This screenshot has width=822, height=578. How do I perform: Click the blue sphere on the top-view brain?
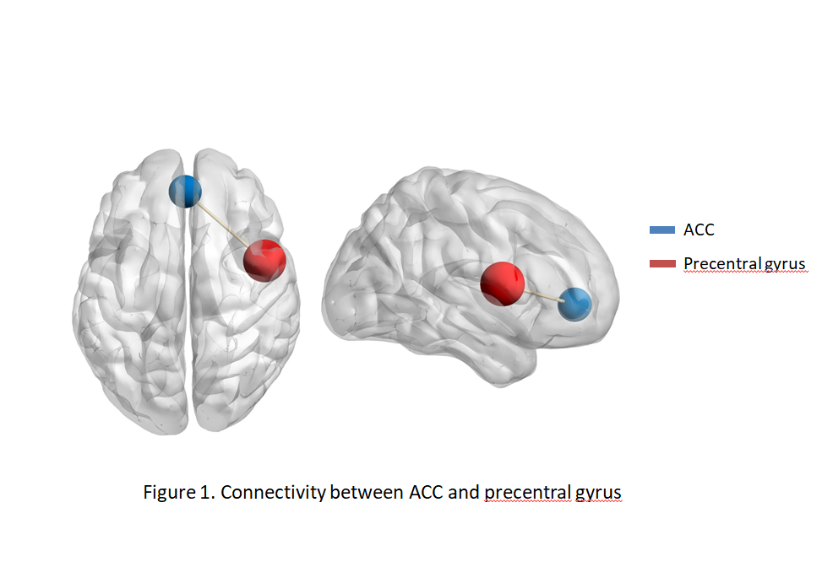185,191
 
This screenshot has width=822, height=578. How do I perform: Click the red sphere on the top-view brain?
263,260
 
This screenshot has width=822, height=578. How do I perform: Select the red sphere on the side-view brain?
502,284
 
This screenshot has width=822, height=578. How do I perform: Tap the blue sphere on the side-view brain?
575,304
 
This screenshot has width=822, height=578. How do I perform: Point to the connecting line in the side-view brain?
542,294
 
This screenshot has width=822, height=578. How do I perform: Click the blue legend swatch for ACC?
661,230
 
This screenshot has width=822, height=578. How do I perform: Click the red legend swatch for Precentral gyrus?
661,264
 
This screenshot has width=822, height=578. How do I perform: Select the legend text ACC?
699,230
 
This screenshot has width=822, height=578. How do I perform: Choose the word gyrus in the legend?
784,265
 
